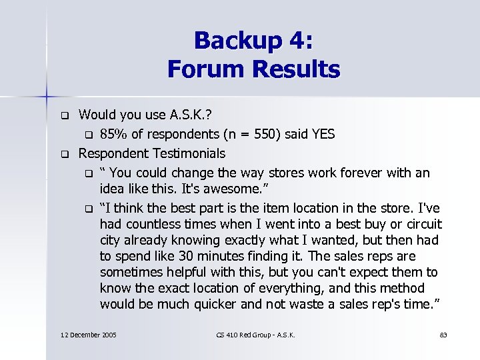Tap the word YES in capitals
(321, 134)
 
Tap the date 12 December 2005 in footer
(88, 334)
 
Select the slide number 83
(444, 334)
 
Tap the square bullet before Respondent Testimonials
(65, 154)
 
